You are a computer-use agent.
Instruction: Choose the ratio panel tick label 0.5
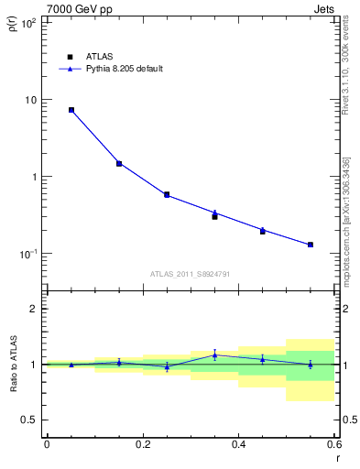[x=31, y=420]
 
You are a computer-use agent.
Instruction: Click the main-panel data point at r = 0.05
[x=71, y=110]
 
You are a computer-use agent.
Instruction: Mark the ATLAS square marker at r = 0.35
[x=214, y=217]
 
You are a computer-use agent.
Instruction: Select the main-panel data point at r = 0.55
[x=311, y=245]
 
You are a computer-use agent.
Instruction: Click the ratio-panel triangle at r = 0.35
[x=214, y=355]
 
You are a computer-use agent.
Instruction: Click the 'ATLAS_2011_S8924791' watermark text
[x=189, y=273]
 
